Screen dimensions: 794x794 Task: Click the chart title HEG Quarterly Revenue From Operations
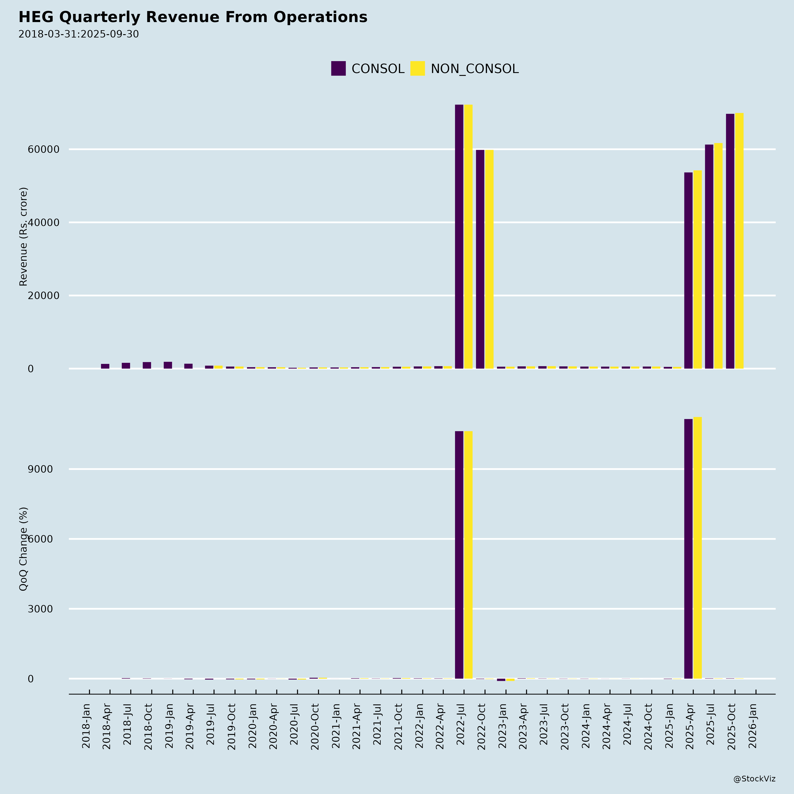193,17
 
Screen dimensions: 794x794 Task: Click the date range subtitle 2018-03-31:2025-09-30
79,34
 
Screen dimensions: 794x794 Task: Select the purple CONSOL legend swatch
338,69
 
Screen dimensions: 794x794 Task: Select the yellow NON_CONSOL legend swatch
418,69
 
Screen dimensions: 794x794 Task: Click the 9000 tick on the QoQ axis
40,469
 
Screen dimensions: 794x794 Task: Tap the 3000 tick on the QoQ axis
40,609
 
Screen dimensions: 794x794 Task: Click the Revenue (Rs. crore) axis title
23,237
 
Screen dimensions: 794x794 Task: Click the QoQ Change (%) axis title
23,549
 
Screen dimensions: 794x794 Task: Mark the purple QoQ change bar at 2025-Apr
688,549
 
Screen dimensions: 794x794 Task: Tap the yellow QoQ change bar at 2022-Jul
468,555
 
